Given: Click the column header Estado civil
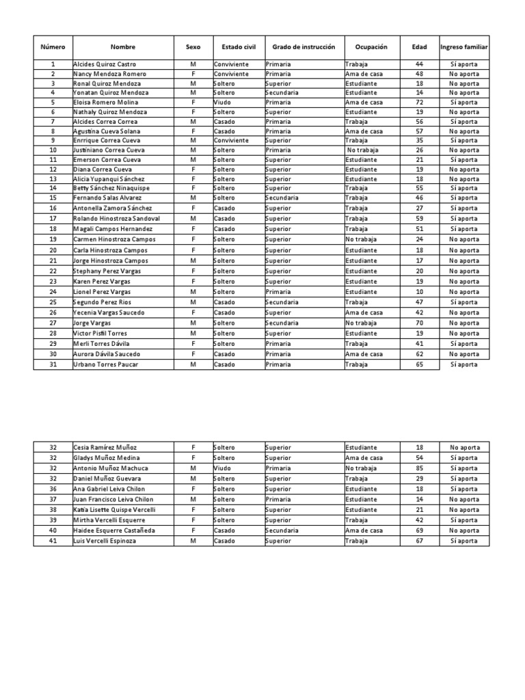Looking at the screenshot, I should click(239, 47).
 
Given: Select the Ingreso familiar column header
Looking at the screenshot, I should click(464, 47).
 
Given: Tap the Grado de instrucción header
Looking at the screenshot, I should click(304, 47).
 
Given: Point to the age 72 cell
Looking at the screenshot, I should click(419, 102).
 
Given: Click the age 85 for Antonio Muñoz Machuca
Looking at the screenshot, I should click(419, 468).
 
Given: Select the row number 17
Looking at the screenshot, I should click(53, 219).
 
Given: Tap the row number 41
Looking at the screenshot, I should click(53, 541).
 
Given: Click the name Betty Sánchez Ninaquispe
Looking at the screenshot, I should click(111, 188).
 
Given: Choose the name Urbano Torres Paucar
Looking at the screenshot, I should click(106, 364).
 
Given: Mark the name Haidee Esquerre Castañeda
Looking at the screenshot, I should click(114, 530).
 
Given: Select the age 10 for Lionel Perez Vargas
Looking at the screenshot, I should click(419, 292).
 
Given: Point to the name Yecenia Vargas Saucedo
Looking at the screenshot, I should click(109, 312).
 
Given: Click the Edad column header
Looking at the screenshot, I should click(419, 47).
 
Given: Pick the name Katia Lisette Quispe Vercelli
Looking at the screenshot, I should click(115, 510).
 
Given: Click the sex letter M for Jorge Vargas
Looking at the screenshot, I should click(193, 323).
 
